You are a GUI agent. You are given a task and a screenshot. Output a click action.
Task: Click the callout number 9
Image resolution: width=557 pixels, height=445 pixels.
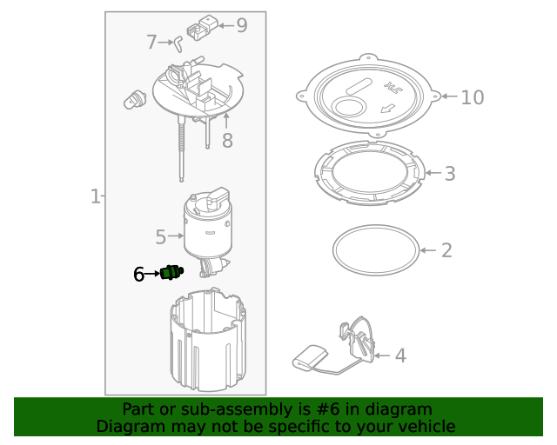pos(241,25)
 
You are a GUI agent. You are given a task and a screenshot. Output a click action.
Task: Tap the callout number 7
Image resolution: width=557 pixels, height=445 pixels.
pos(151,42)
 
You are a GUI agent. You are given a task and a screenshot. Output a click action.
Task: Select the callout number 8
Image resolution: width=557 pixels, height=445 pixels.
pos(227,140)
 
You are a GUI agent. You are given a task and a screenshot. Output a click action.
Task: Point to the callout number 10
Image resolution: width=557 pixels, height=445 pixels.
pos(472,96)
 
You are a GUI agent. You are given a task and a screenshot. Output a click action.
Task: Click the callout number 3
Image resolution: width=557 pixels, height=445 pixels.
pos(449,174)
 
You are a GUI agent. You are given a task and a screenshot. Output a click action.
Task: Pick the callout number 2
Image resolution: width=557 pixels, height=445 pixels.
pos(446,250)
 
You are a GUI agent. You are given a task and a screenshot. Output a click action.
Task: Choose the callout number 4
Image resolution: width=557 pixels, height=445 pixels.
pos(400,355)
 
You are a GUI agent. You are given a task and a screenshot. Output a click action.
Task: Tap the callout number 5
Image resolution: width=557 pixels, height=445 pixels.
pos(161,236)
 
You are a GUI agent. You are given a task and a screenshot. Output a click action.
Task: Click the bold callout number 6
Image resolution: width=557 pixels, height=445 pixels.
pos(139,274)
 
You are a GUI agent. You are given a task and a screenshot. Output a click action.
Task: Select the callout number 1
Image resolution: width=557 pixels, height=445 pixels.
pos(95,197)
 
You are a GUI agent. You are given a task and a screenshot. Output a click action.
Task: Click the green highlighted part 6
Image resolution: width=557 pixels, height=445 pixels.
pos(171,273)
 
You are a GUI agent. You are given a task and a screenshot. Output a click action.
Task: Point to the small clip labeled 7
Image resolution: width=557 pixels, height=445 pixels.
pos(178,39)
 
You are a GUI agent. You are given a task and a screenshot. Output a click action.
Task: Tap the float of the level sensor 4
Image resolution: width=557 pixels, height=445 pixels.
pos(309,358)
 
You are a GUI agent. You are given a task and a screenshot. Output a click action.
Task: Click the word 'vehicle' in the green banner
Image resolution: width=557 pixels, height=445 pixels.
pos(424,427)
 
